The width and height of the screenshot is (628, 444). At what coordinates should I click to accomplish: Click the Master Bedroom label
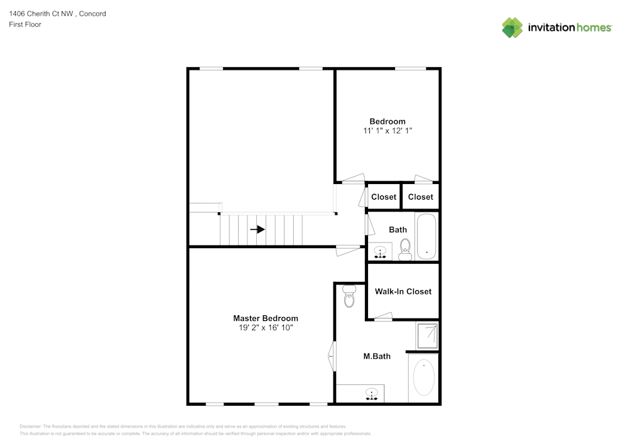click(x=266, y=318)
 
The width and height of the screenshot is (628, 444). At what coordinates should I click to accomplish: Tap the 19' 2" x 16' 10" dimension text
click(x=266, y=328)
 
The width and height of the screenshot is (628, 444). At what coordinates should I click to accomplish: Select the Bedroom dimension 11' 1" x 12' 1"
click(x=387, y=131)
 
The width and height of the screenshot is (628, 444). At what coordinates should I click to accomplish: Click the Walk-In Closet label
click(x=403, y=291)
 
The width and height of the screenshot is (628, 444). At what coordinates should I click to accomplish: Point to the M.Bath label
click(x=377, y=356)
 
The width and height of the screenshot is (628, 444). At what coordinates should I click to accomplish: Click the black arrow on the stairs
click(x=257, y=229)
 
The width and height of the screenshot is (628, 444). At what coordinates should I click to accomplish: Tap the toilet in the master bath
click(x=349, y=296)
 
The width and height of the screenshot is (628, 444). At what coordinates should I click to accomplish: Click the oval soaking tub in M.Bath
click(x=424, y=377)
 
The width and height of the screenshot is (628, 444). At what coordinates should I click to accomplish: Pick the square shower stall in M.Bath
click(x=426, y=335)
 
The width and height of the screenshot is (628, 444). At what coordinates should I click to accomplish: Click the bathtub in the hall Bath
click(x=427, y=237)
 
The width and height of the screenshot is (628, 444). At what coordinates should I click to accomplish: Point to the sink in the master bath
click(x=372, y=394)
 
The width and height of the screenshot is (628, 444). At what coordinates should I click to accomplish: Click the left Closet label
click(x=384, y=197)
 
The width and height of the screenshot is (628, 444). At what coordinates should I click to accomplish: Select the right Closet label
click(x=420, y=197)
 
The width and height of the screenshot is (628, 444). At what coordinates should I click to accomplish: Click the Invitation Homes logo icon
click(x=512, y=28)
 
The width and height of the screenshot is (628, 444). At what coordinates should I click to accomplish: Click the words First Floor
click(x=25, y=24)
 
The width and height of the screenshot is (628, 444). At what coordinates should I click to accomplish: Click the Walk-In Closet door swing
click(x=383, y=317)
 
